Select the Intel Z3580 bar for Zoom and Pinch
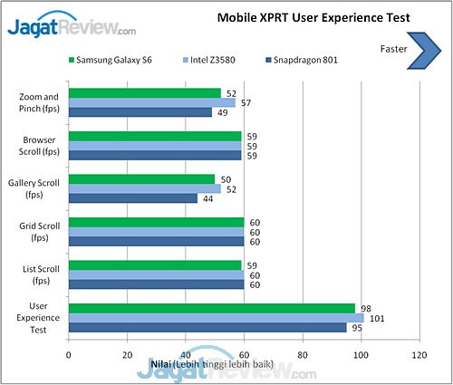pyautogui.click(x=151, y=102)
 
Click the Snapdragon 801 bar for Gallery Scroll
pyautogui.click(x=132, y=198)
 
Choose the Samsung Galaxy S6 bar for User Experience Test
pyautogui.click(x=212, y=307)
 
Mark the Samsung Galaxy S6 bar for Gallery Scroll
pyautogui.click(x=141, y=178)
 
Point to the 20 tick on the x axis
pyautogui.click(x=127, y=355)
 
